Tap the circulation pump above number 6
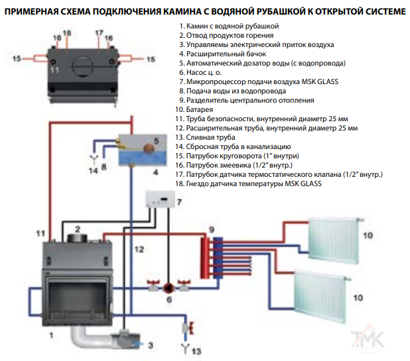(169, 287)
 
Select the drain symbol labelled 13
(184, 345)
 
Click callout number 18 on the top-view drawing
(66, 32)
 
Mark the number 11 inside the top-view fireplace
(54, 70)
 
